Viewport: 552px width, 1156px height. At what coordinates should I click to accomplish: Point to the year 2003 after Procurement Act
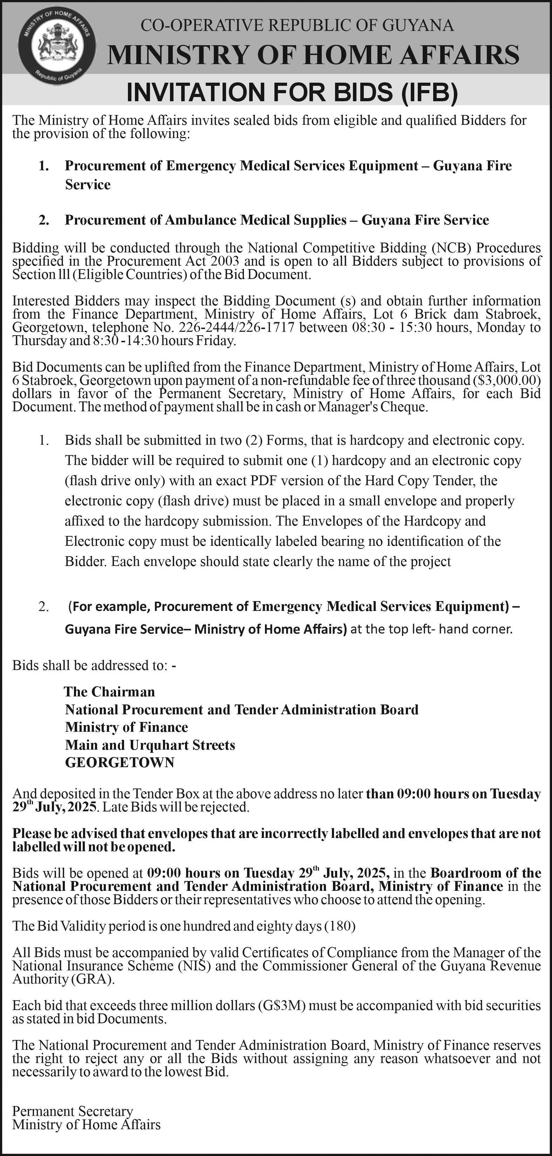click(x=223, y=261)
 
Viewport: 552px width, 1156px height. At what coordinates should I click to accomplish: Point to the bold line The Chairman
click(x=110, y=691)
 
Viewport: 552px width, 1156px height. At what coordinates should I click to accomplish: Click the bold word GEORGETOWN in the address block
click(x=120, y=763)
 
